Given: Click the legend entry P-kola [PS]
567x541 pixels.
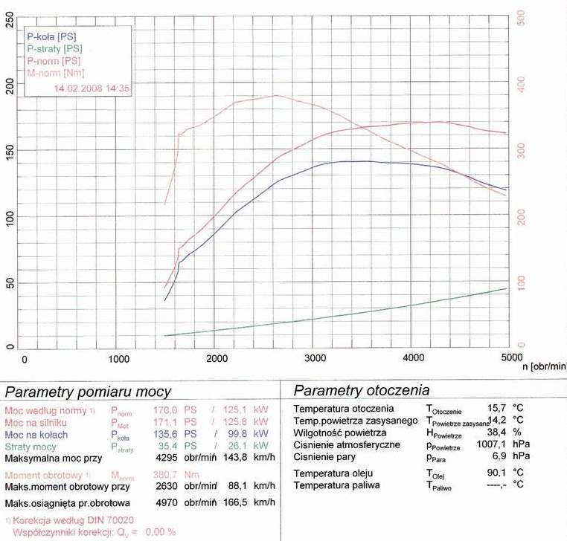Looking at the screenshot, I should coord(51,36).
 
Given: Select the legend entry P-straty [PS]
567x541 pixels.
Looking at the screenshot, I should coord(54,48).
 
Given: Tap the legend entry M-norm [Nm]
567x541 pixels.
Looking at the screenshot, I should coord(55,73).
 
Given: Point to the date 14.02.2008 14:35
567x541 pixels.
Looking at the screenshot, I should coord(92,88).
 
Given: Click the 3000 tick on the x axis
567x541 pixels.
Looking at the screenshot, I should coord(315,358).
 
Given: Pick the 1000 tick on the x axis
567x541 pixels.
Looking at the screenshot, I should coord(119,358).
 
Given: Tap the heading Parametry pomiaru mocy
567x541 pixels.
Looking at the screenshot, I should coord(89,392).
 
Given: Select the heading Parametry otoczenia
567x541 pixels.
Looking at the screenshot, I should coord(362,390).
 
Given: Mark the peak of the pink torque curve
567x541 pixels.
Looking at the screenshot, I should coord(277,95).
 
